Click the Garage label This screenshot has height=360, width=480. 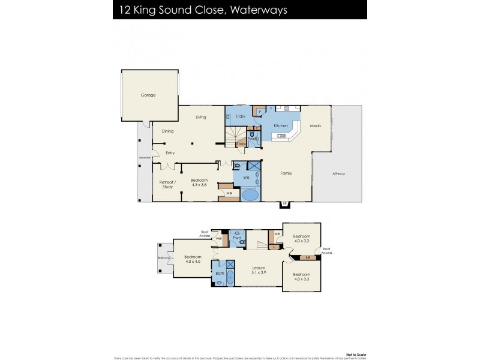click(148, 95)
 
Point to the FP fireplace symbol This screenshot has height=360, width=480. click(285, 204)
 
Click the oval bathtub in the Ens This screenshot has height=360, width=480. click(249, 195)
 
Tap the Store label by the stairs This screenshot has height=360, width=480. click(241, 143)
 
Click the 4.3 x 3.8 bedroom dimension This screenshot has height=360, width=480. click(199, 185)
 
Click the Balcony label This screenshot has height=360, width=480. click(164, 258)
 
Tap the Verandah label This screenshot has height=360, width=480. click(144, 158)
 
